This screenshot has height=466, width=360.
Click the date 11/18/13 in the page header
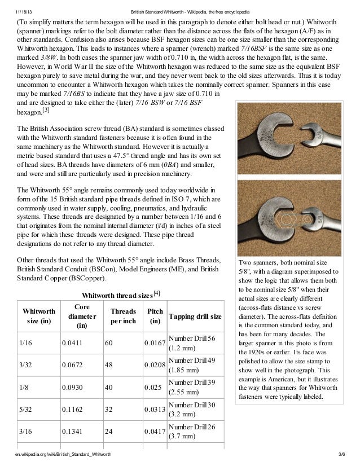pyautogui.click(x=24, y=12)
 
